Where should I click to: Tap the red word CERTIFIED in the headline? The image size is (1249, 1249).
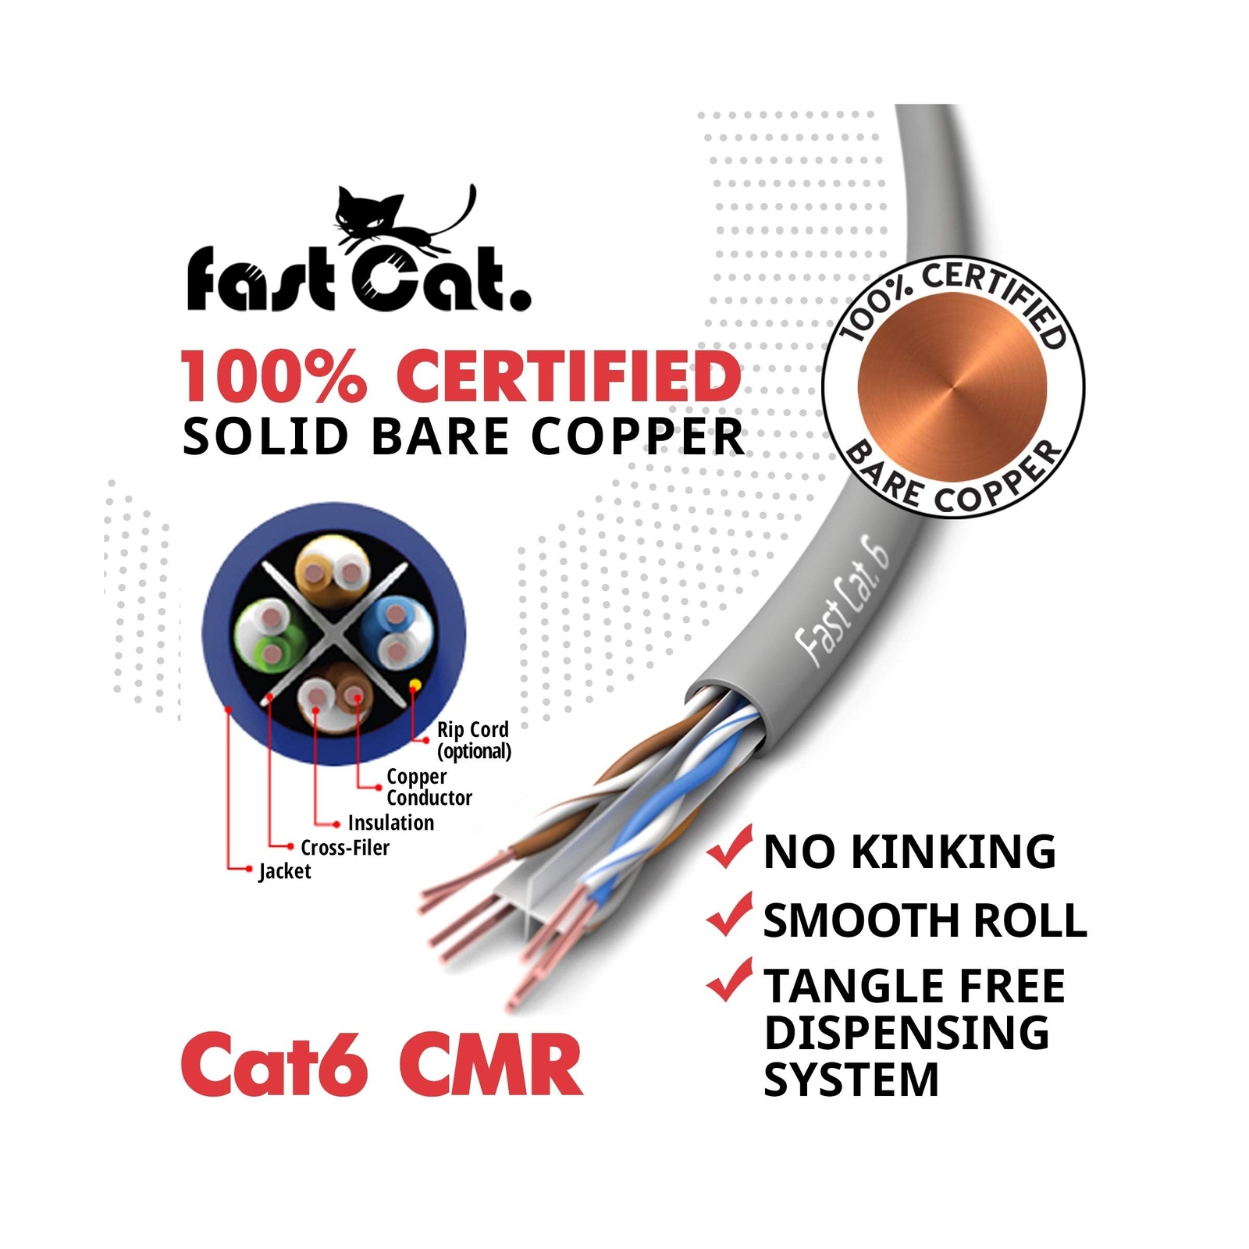tap(568, 376)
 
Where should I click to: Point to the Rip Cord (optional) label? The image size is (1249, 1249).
tap(473, 740)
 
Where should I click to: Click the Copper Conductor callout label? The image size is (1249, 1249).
tap(429, 787)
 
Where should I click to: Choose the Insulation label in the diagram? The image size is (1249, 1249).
tap(390, 823)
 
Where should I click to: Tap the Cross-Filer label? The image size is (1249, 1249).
tap(344, 848)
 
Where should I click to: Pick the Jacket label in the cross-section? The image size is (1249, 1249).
tap(284, 871)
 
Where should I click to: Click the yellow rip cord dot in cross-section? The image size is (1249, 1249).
tap(415, 685)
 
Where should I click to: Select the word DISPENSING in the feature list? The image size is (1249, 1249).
tap(906, 1033)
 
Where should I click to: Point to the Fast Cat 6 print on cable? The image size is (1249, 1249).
tap(842, 605)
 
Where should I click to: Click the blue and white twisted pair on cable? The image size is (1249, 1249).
tap(664, 796)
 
